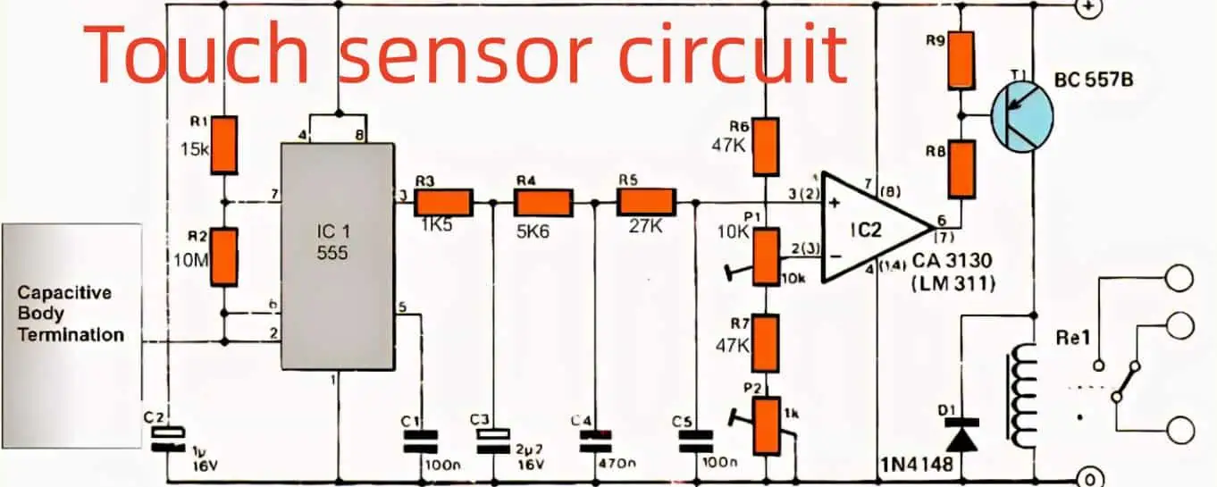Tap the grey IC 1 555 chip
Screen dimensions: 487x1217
[338, 256]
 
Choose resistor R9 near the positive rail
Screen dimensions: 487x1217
[961, 59]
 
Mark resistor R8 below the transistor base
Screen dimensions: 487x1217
[961, 168]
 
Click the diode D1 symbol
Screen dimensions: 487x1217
[961, 439]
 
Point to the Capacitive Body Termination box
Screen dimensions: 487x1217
[71, 314]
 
